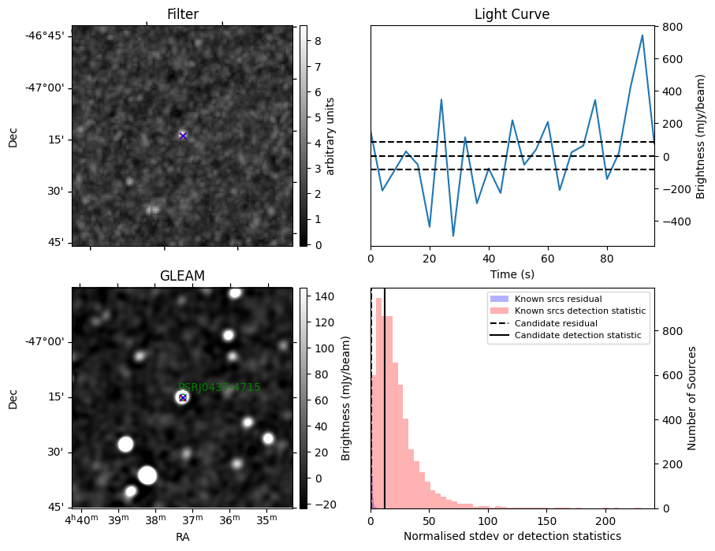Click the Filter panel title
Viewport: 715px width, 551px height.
click(x=182, y=14)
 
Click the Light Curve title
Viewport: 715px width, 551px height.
click(x=512, y=14)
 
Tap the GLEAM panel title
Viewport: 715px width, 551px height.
click(x=182, y=276)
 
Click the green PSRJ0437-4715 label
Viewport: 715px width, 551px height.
click(x=219, y=387)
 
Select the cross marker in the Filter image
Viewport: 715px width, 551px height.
click(x=183, y=136)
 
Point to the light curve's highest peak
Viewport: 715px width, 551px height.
click(x=642, y=35)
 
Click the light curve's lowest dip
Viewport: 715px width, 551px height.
click(x=453, y=236)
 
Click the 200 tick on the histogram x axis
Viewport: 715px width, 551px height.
click(x=605, y=521)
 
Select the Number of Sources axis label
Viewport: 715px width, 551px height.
click(x=692, y=398)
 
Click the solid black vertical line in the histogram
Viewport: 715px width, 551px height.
click(x=384, y=410)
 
